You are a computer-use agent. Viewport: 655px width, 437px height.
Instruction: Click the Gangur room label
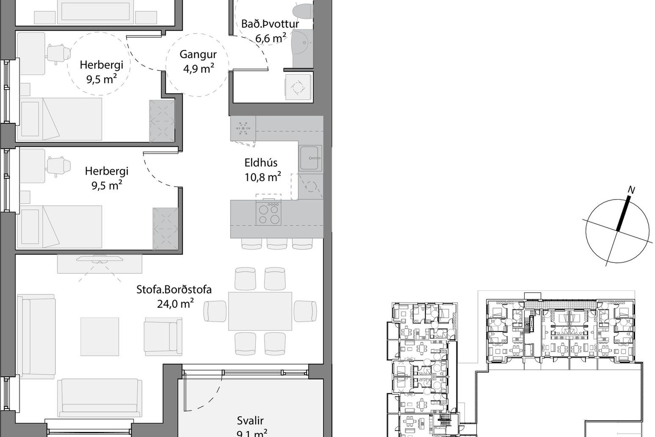point(198,54)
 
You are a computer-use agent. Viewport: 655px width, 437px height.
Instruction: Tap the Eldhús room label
point(261,163)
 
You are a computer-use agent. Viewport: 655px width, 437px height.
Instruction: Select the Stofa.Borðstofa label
point(174,290)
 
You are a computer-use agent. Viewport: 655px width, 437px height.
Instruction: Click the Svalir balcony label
point(250,421)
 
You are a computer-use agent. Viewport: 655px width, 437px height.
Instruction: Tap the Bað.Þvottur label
point(270,24)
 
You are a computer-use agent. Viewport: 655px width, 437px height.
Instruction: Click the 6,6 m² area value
point(271,38)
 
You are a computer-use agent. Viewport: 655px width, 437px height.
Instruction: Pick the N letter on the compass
point(631,190)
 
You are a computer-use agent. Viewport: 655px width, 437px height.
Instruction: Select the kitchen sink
point(310,158)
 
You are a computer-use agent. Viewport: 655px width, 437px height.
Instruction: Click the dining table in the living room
point(260,311)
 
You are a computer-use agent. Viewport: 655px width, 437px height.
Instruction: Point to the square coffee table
point(100,336)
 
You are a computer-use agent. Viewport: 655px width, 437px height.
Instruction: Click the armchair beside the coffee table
point(163,336)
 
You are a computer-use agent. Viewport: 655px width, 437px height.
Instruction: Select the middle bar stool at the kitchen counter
point(277,243)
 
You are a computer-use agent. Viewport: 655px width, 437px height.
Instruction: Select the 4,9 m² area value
point(199,68)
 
